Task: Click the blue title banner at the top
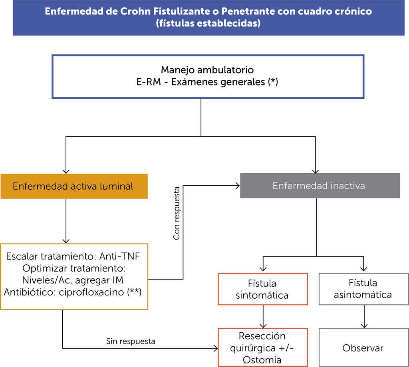[x=208, y=17]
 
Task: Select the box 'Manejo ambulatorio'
[x=208, y=77]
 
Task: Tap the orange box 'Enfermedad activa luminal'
[x=74, y=186]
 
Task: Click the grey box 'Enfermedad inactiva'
[x=320, y=186]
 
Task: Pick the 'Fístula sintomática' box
[x=262, y=289]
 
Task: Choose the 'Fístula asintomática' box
[x=363, y=289]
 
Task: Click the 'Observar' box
[x=363, y=348]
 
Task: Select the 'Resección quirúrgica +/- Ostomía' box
[x=262, y=347]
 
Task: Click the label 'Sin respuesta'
[x=131, y=341]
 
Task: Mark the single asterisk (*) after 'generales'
[x=274, y=83]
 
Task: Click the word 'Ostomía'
[x=262, y=359]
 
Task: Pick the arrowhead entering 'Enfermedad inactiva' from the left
[x=237, y=186]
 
